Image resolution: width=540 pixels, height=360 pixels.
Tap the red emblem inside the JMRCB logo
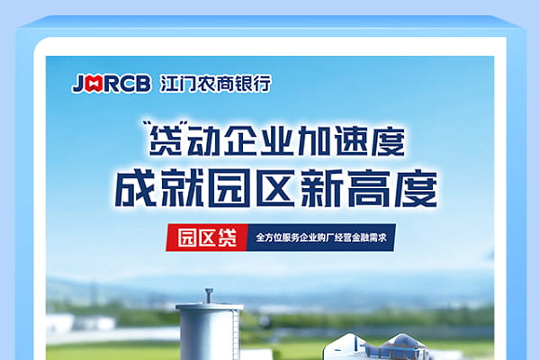93,84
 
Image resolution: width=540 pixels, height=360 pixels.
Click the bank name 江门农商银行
213,84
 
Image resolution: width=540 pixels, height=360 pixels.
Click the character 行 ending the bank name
261,84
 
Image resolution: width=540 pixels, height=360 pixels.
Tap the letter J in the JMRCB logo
78,84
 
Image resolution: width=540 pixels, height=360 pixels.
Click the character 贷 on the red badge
227,239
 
